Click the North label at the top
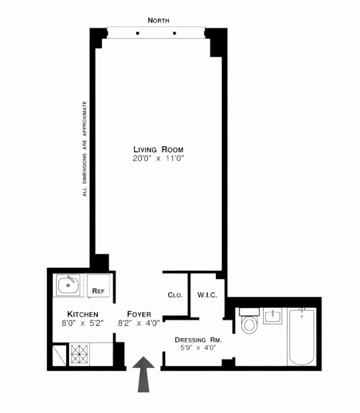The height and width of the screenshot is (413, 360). click(x=159, y=20)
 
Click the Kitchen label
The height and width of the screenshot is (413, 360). click(x=83, y=314)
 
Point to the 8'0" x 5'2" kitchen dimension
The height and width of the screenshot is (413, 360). click(x=83, y=323)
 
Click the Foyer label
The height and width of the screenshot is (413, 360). click(x=139, y=314)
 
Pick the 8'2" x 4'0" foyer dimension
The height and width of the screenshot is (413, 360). click(x=139, y=323)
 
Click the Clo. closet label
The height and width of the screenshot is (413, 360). click(x=175, y=295)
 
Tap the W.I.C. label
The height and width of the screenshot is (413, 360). click(x=204, y=295)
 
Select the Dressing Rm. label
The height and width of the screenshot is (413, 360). click(x=198, y=340)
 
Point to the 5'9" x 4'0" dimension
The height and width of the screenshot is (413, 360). click(x=198, y=348)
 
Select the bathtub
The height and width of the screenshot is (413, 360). click(x=301, y=336)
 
